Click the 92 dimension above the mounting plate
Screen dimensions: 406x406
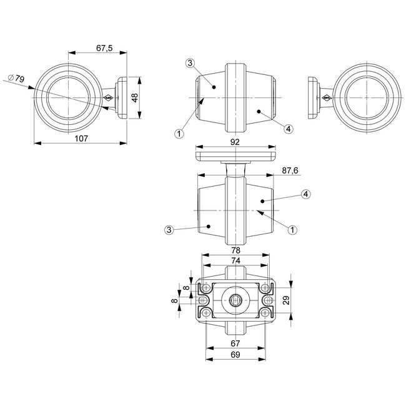click(x=234, y=142)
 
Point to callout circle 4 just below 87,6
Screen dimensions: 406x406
click(x=305, y=194)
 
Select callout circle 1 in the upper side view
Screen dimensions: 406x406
click(x=179, y=132)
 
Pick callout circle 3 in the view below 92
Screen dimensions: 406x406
click(x=169, y=230)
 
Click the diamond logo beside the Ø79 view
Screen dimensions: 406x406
click(x=108, y=97)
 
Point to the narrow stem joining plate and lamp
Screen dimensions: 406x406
click(x=235, y=167)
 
